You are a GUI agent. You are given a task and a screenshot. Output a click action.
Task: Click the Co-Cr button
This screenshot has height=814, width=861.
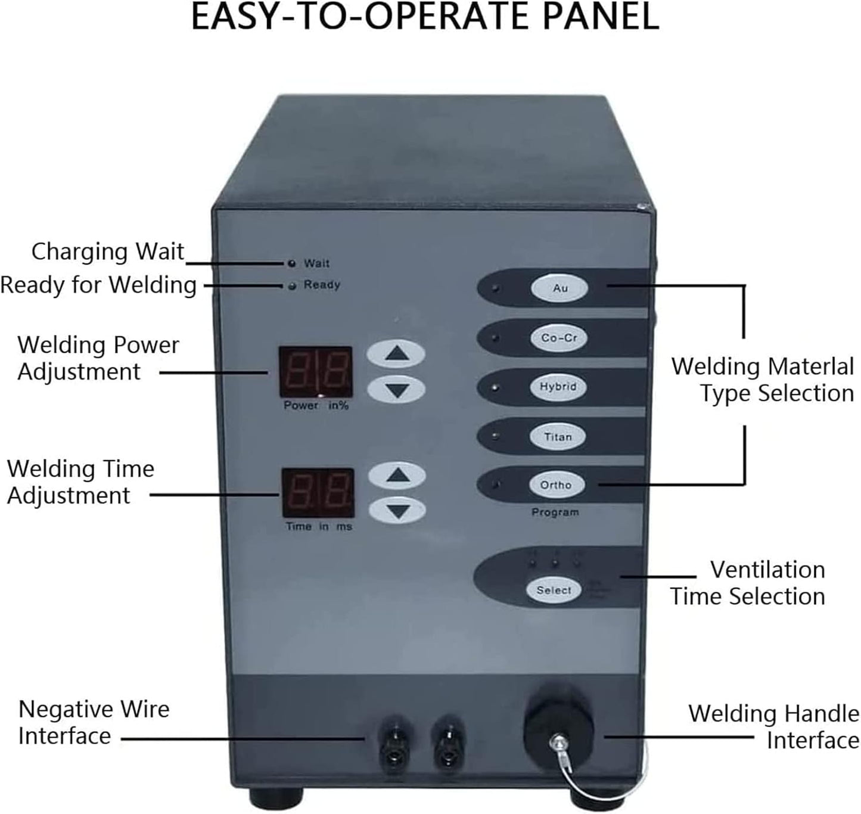coord(559,338)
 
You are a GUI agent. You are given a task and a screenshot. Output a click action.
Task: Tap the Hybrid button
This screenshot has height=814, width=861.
coord(558,387)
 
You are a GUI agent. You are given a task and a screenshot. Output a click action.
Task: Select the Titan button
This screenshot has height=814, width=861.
coord(557,437)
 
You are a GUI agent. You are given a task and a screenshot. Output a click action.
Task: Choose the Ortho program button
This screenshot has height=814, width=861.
coord(555,485)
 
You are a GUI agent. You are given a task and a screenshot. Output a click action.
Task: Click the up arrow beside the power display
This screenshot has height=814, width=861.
coord(396,354)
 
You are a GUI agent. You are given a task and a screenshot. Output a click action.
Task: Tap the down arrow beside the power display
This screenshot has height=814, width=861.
coord(396,390)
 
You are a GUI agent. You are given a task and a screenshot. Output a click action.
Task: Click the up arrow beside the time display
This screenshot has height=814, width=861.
coord(397,475)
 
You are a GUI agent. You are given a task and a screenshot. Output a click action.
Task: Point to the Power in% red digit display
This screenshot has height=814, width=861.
coord(315,372)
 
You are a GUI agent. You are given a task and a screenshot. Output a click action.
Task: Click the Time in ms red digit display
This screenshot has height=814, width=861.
coord(318,493)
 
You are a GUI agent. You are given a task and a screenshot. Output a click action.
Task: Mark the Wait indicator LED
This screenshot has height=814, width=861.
coord(291,263)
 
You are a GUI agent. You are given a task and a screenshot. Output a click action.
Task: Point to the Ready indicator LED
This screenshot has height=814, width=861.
coord(292,286)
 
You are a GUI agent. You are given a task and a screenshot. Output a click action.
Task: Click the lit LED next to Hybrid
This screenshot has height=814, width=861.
coord(495,388)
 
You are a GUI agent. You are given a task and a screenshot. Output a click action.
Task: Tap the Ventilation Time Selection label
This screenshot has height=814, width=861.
coord(748,583)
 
